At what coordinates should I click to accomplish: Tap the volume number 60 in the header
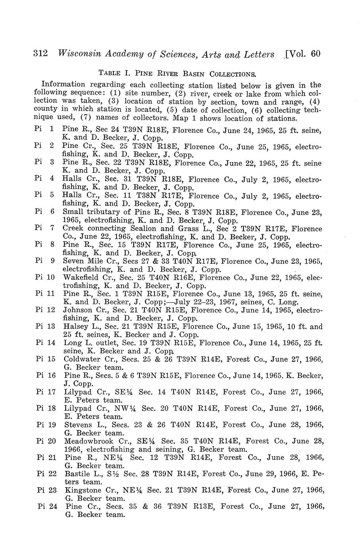(316, 54)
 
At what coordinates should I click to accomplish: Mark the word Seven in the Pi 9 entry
(73, 261)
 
